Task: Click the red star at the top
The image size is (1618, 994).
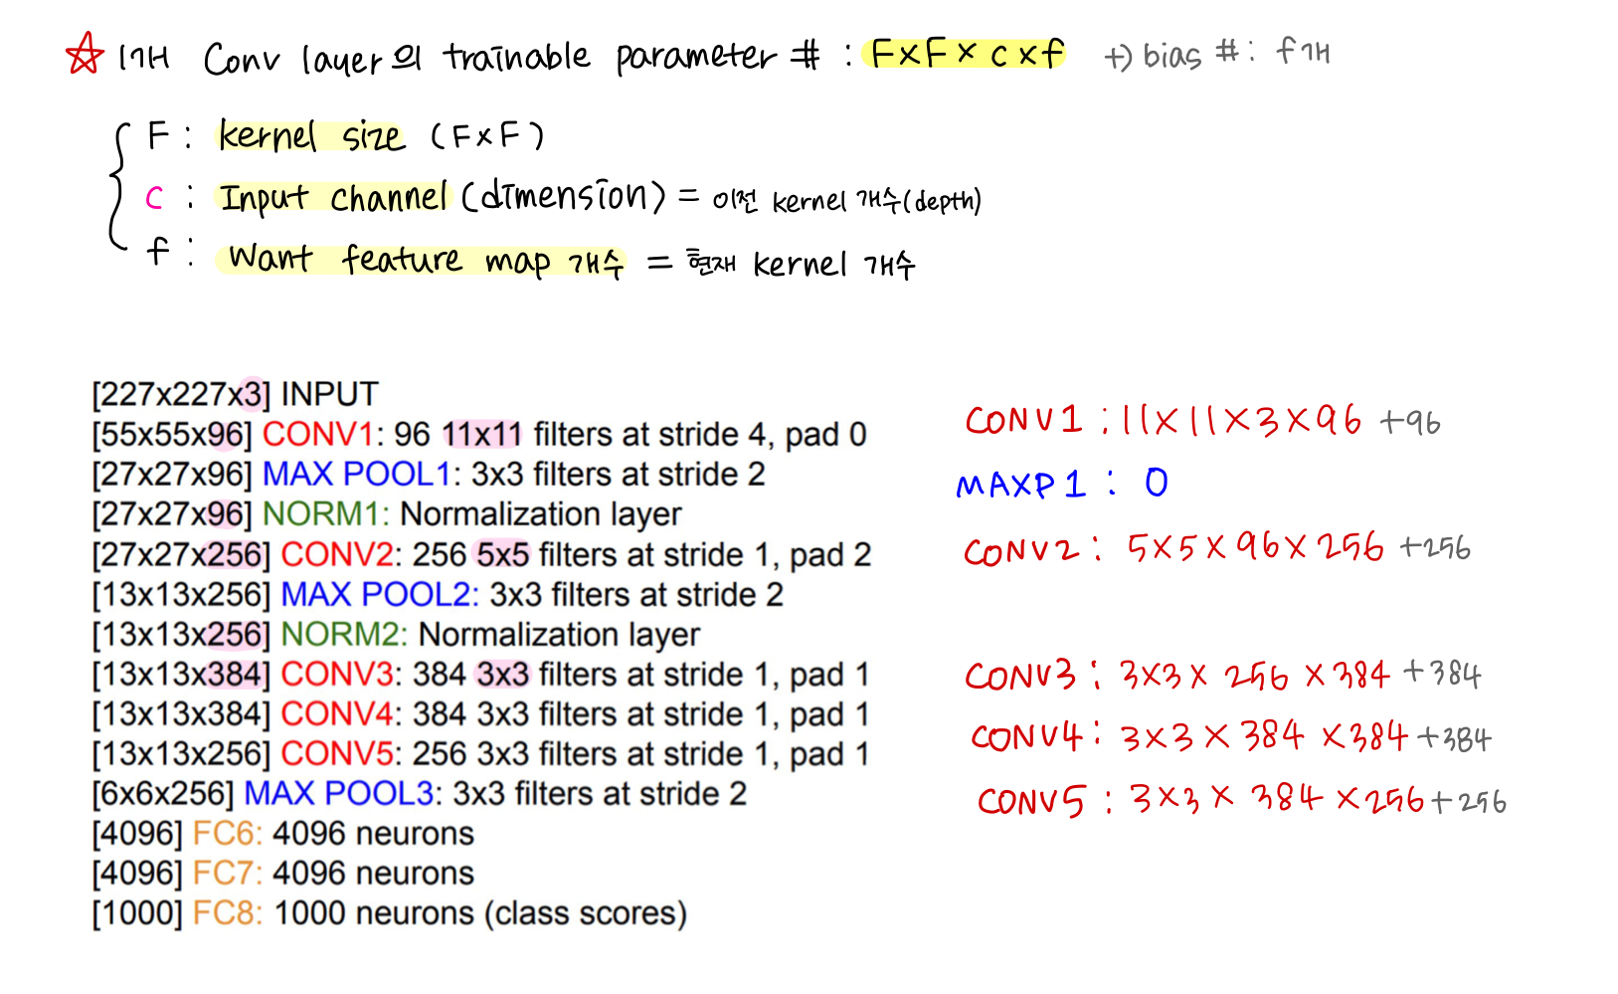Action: [85, 54]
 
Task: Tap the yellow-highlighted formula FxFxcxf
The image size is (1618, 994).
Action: [966, 53]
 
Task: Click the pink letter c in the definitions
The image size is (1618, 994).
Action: [154, 198]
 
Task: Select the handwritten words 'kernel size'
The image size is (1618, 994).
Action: [311, 135]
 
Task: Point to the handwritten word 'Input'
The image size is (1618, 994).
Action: [264, 197]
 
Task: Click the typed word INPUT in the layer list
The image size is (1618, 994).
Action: [329, 394]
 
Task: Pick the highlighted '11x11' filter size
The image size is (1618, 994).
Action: [481, 434]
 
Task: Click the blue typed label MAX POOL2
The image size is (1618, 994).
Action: [378, 594]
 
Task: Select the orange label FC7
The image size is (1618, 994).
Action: [227, 873]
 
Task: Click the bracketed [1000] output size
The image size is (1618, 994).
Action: [137, 913]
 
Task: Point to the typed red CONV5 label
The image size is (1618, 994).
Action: [336, 753]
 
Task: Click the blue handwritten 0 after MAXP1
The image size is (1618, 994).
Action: [1156, 484]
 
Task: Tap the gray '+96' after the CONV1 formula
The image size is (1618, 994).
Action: [1410, 423]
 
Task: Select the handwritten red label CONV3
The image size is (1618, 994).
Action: [1021, 677]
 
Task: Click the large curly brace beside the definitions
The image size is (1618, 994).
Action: [118, 187]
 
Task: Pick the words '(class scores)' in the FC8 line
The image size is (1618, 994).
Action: [586, 913]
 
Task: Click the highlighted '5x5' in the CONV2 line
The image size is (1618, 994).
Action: [502, 554]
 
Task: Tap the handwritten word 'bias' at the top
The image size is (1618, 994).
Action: [1171, 55]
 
